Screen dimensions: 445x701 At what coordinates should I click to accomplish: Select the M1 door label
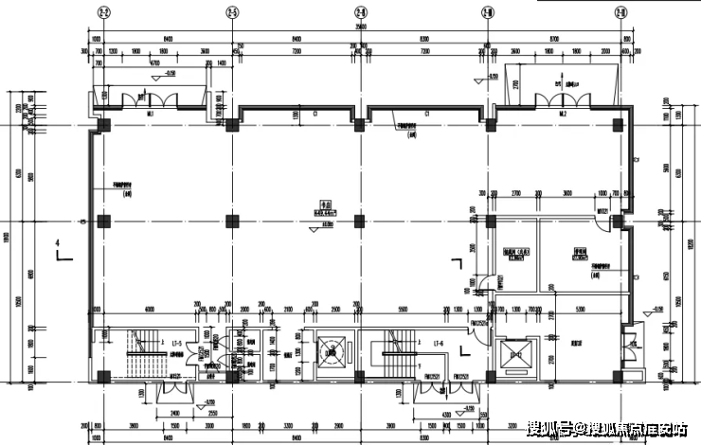[151, 114]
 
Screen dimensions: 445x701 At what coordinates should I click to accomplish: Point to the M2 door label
[563, 114]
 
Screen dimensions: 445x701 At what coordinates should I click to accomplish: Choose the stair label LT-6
[439, 342]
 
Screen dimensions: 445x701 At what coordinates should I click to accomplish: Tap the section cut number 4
[58, 245]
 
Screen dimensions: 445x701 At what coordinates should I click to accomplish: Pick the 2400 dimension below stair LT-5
[175, 414]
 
